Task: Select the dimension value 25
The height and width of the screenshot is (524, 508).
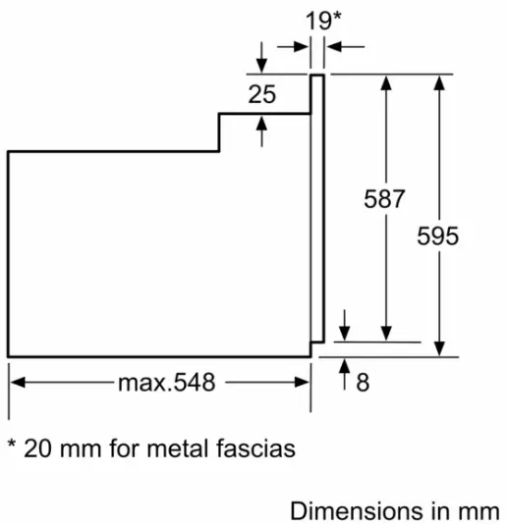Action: (x=261, y=95)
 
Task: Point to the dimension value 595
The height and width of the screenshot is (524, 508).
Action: (x=438, y=236)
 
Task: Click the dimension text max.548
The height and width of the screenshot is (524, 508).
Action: (x=166, y=383)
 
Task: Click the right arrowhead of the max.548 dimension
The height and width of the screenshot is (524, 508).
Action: (x=304, y=382)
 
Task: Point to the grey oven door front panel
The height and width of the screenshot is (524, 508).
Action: (x=317, y=211)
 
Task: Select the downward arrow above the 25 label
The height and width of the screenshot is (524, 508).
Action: (x=261, y=60)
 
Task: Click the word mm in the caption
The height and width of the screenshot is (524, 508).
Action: (x=481, y=511)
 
